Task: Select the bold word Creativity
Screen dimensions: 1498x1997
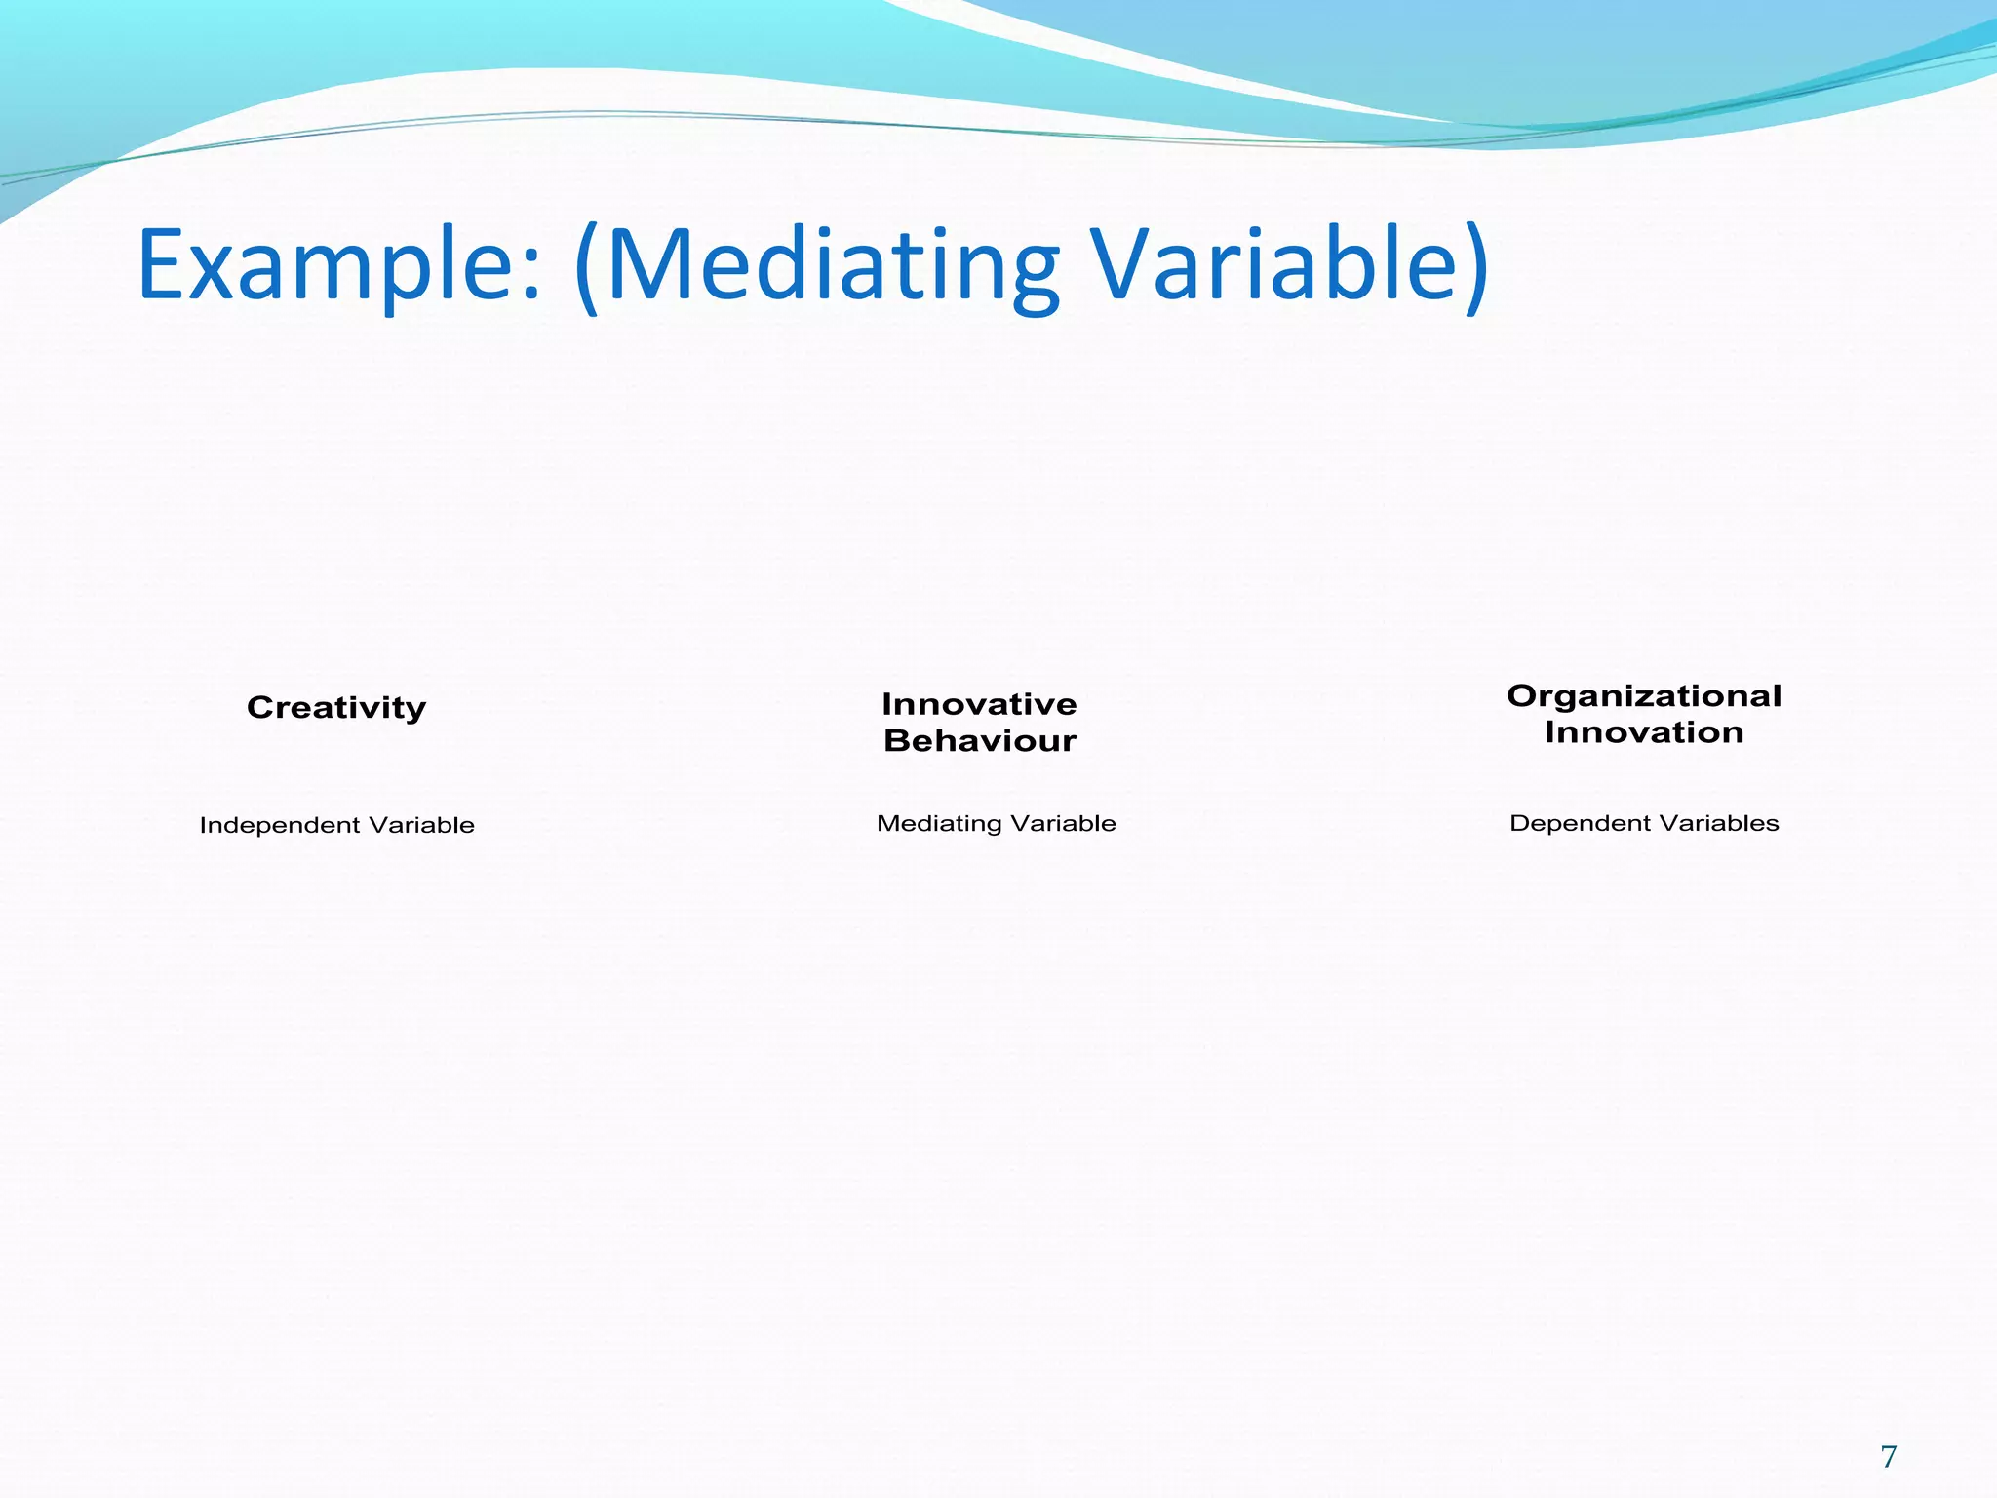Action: click(336, 707)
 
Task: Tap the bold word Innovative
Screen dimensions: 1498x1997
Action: click(979, 704)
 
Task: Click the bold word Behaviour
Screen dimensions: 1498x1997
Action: click(979, 741)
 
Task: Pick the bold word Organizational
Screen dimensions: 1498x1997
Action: click(1644, 696)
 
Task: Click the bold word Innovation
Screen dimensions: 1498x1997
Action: click(1644, 732)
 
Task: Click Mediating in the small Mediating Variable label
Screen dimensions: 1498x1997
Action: click(939, 824)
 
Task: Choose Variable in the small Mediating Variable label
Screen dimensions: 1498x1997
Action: click(1063, 823)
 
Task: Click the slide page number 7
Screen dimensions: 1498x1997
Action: click(1889, 1457)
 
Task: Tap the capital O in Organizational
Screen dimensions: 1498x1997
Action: click(1522, 696)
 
